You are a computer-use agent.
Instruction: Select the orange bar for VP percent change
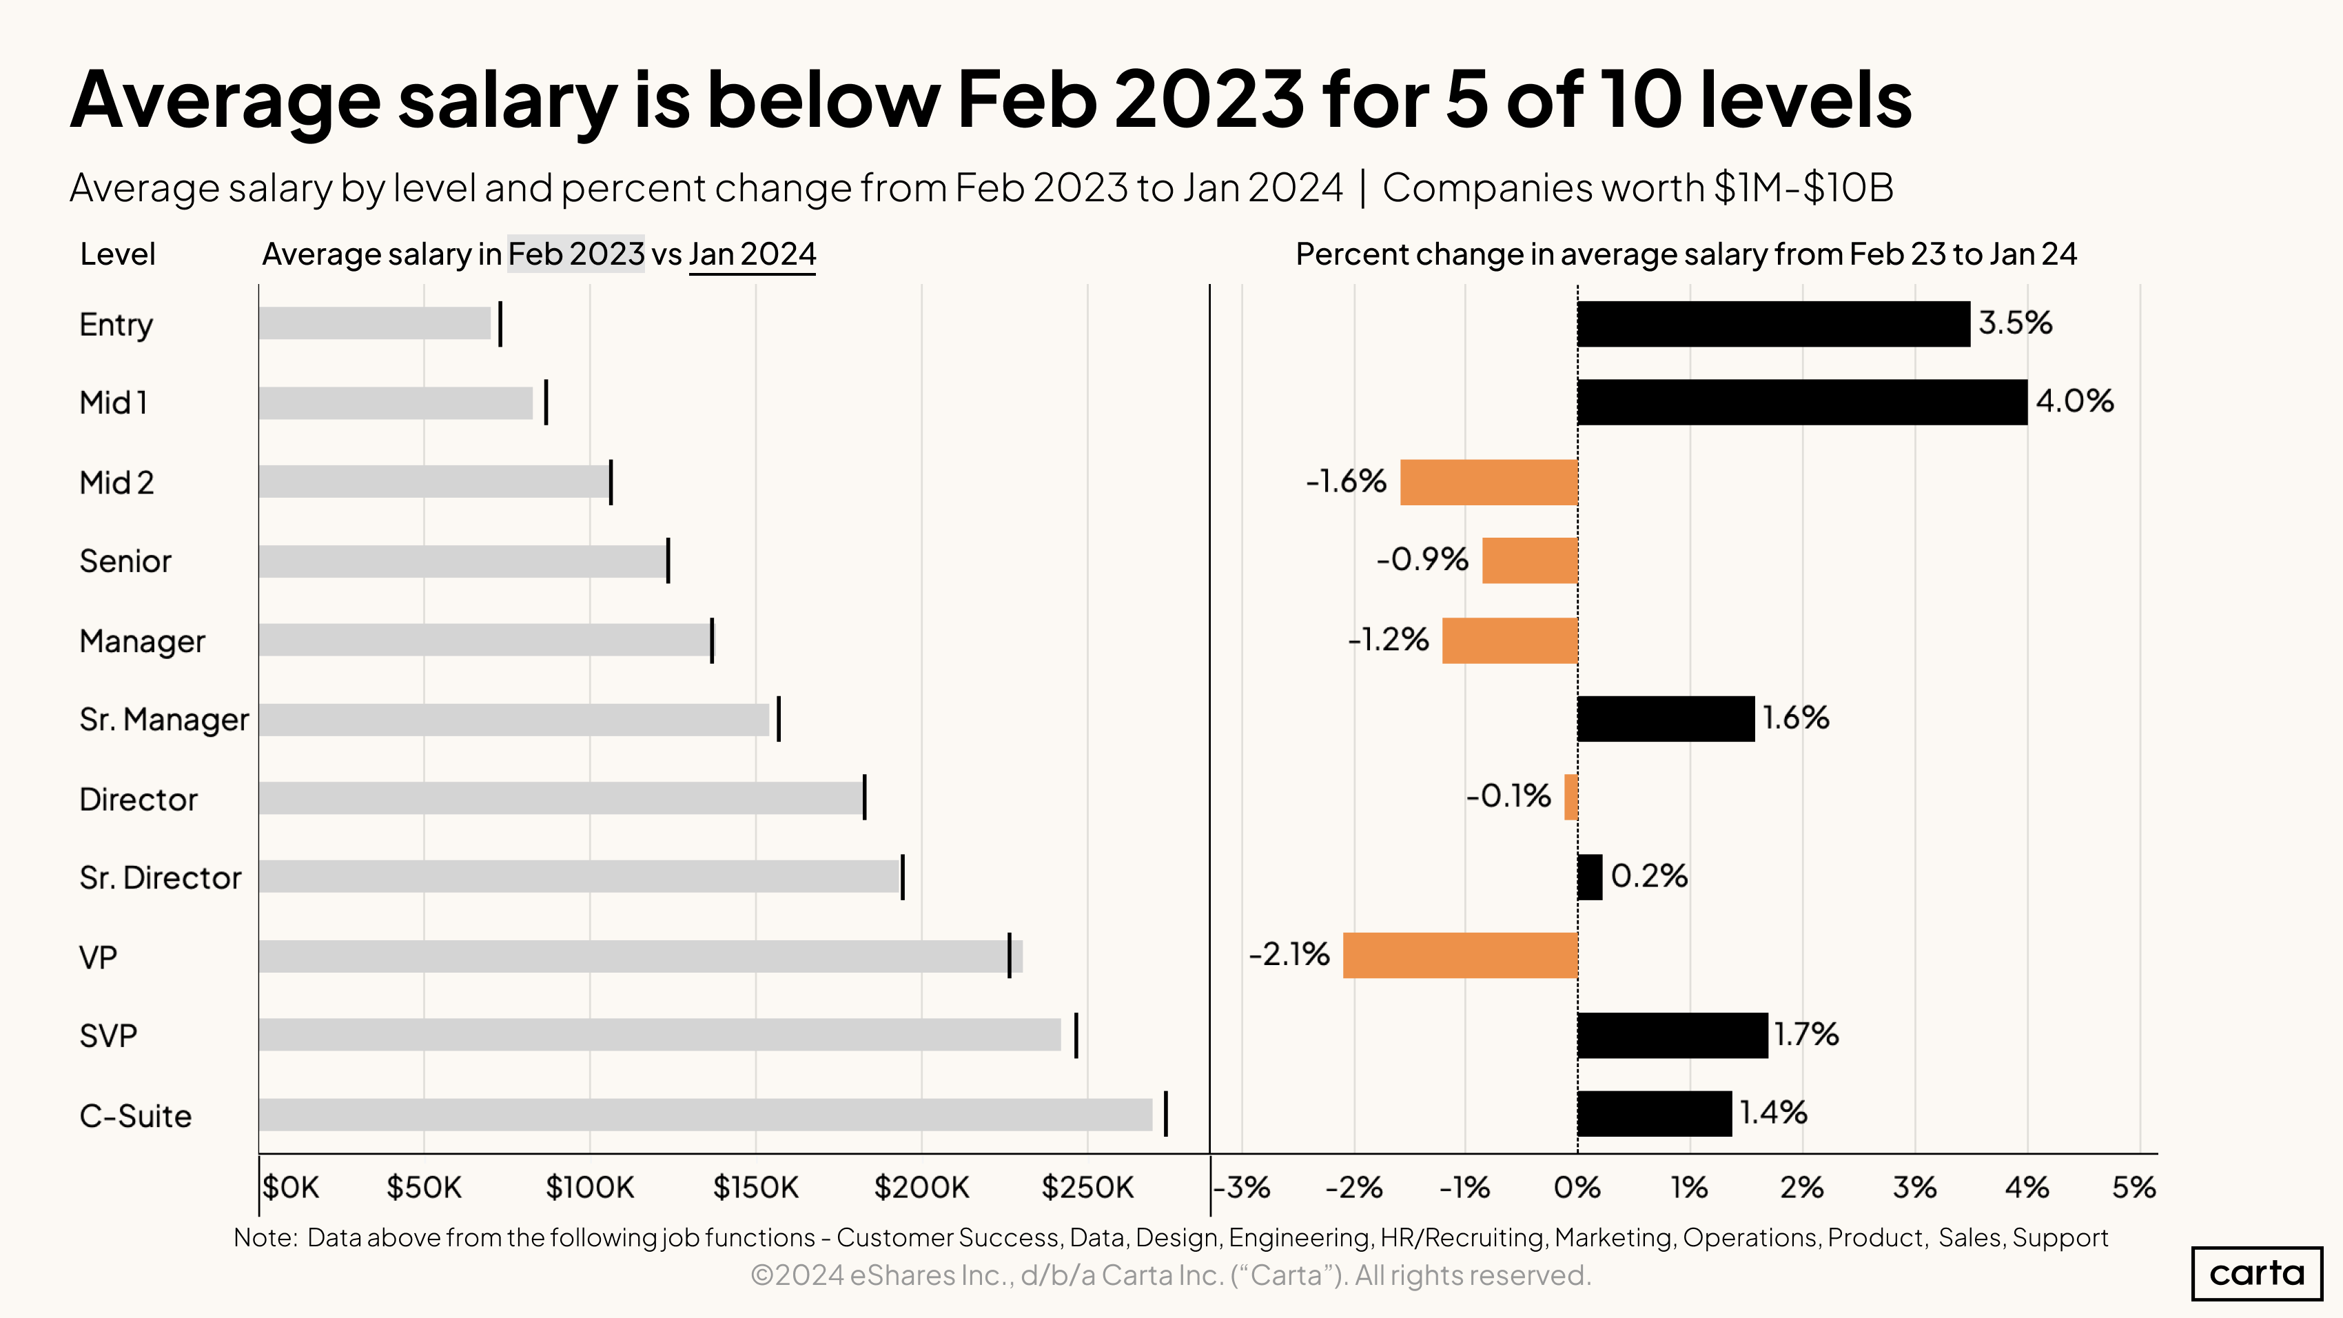1459,955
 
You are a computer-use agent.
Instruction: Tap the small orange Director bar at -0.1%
1570,797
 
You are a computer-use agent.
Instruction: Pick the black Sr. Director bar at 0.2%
1589,877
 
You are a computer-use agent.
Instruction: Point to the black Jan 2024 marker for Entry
500,325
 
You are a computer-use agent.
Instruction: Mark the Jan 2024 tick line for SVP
1076,1035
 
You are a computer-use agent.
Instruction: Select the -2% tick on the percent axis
1353,1187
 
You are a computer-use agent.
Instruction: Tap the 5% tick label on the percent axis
2133,1187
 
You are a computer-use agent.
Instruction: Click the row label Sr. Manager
164,720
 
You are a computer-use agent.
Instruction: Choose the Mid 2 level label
116,482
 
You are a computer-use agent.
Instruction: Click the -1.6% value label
1345,480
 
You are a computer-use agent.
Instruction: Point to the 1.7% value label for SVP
1805,1034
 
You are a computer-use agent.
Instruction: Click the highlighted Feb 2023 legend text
575,254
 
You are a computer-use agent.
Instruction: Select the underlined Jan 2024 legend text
753,254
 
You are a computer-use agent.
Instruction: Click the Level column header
117,254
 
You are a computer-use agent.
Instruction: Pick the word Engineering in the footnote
1299,1237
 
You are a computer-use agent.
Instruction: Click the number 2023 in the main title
1209,99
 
